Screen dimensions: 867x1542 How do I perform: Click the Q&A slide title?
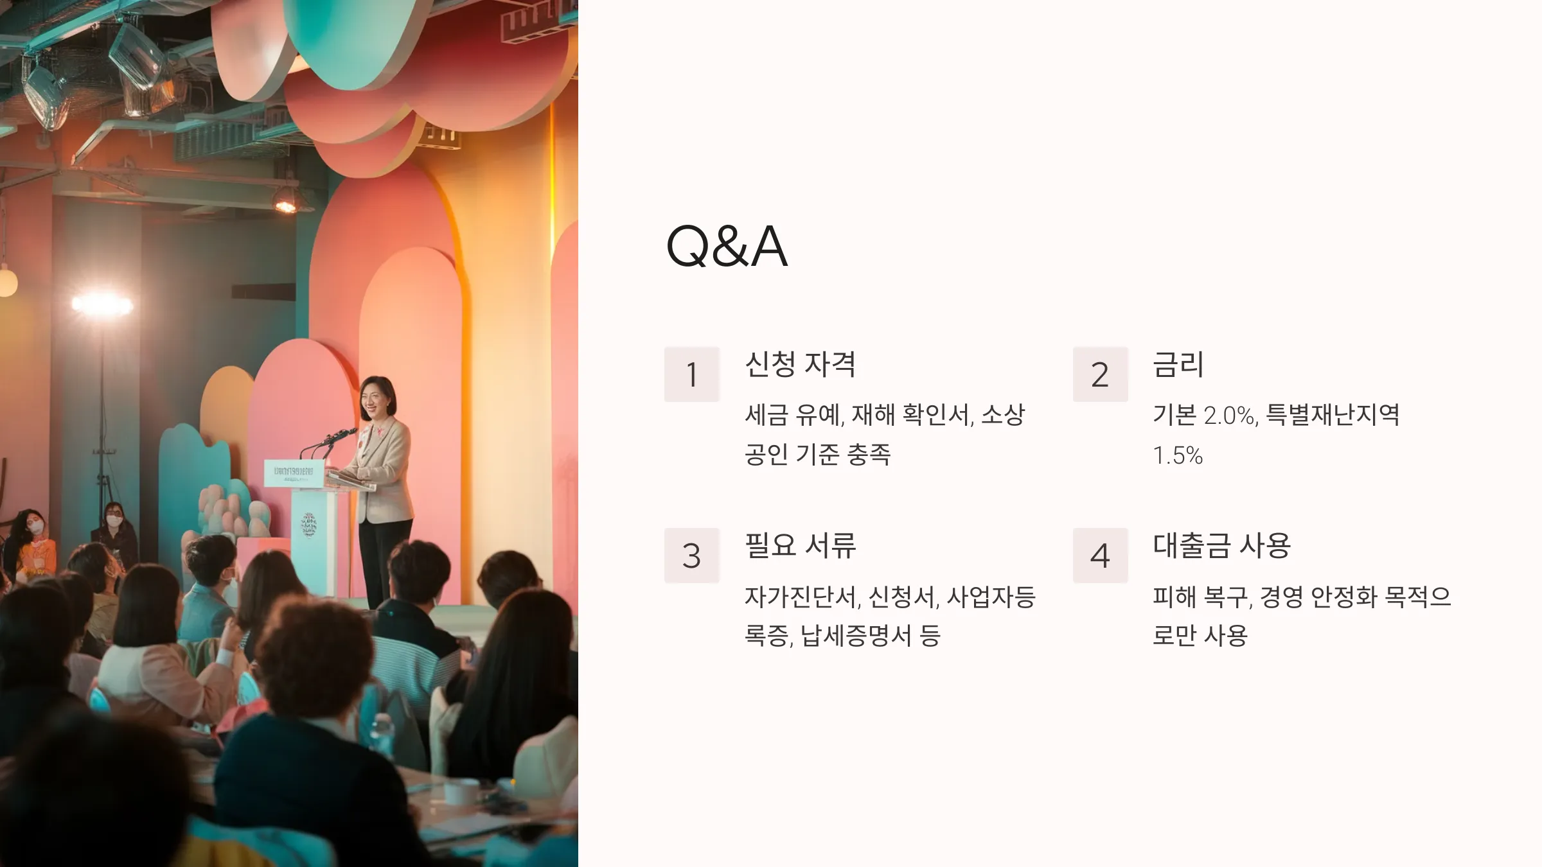(727, 247)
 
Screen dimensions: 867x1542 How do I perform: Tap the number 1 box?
(691, 374)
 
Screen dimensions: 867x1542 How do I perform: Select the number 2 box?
(1100, 374)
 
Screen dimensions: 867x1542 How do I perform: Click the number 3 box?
(691, 556)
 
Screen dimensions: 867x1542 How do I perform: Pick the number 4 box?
(1100, 556)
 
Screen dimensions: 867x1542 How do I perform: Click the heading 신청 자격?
(800, 364)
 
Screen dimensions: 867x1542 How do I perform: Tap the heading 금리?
(1178, 364)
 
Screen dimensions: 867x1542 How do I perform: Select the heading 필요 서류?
(800, 545)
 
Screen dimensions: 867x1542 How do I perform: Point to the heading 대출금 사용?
(1221, 545)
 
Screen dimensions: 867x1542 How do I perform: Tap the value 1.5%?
(1177, 455)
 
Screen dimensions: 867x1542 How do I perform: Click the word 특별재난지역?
(1333, 415)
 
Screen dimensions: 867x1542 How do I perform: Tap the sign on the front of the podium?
(293, 474)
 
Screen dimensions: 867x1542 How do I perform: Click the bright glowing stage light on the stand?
(102, 304)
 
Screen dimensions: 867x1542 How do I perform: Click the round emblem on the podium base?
(309, 525)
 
